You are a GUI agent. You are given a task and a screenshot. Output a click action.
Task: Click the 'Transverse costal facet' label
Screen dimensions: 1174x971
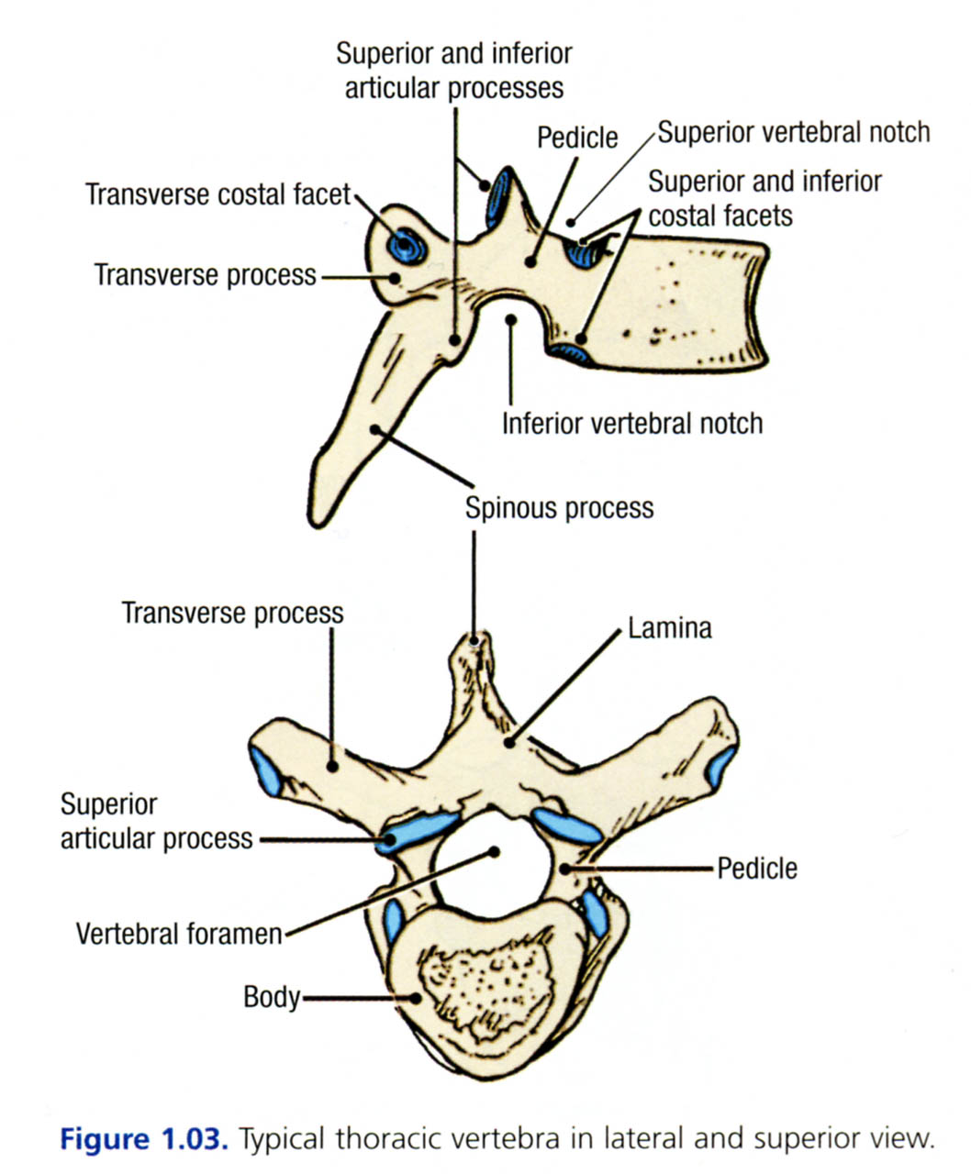click(x=218, y=194)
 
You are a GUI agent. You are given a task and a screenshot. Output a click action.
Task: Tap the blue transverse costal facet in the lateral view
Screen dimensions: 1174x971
click(x=404, y=244)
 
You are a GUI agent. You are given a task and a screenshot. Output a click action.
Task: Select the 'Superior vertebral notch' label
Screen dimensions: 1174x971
click(x=793, y=133)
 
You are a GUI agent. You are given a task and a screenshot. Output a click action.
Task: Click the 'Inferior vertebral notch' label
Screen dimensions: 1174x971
click(x=632, y=423)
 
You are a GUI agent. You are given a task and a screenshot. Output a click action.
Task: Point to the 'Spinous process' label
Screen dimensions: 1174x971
click(x=559, y=507)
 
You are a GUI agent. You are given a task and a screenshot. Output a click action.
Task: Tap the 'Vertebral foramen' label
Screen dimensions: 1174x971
click(x=179, y=934)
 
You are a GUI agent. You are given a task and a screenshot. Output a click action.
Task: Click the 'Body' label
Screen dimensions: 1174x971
click(x=272, y=997)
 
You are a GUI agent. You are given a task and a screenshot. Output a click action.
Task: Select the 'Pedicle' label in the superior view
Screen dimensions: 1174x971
click(x=757, y=868)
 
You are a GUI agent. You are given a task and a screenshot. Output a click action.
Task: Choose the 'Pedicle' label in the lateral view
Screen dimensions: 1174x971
click(x=577, y=138)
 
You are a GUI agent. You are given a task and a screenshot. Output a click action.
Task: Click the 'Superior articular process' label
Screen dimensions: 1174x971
click(x=156, y=822)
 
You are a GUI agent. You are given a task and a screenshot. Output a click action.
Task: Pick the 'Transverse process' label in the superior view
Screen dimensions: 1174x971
click(x=233, y=613)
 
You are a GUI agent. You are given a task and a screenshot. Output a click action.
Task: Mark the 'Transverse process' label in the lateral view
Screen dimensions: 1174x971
click(x=206, y=274)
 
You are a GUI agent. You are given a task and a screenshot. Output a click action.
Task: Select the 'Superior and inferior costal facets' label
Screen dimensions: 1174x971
click(x=765, y=198)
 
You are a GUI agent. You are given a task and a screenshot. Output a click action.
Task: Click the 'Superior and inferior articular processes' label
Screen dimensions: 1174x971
click(x=454, y=71)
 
